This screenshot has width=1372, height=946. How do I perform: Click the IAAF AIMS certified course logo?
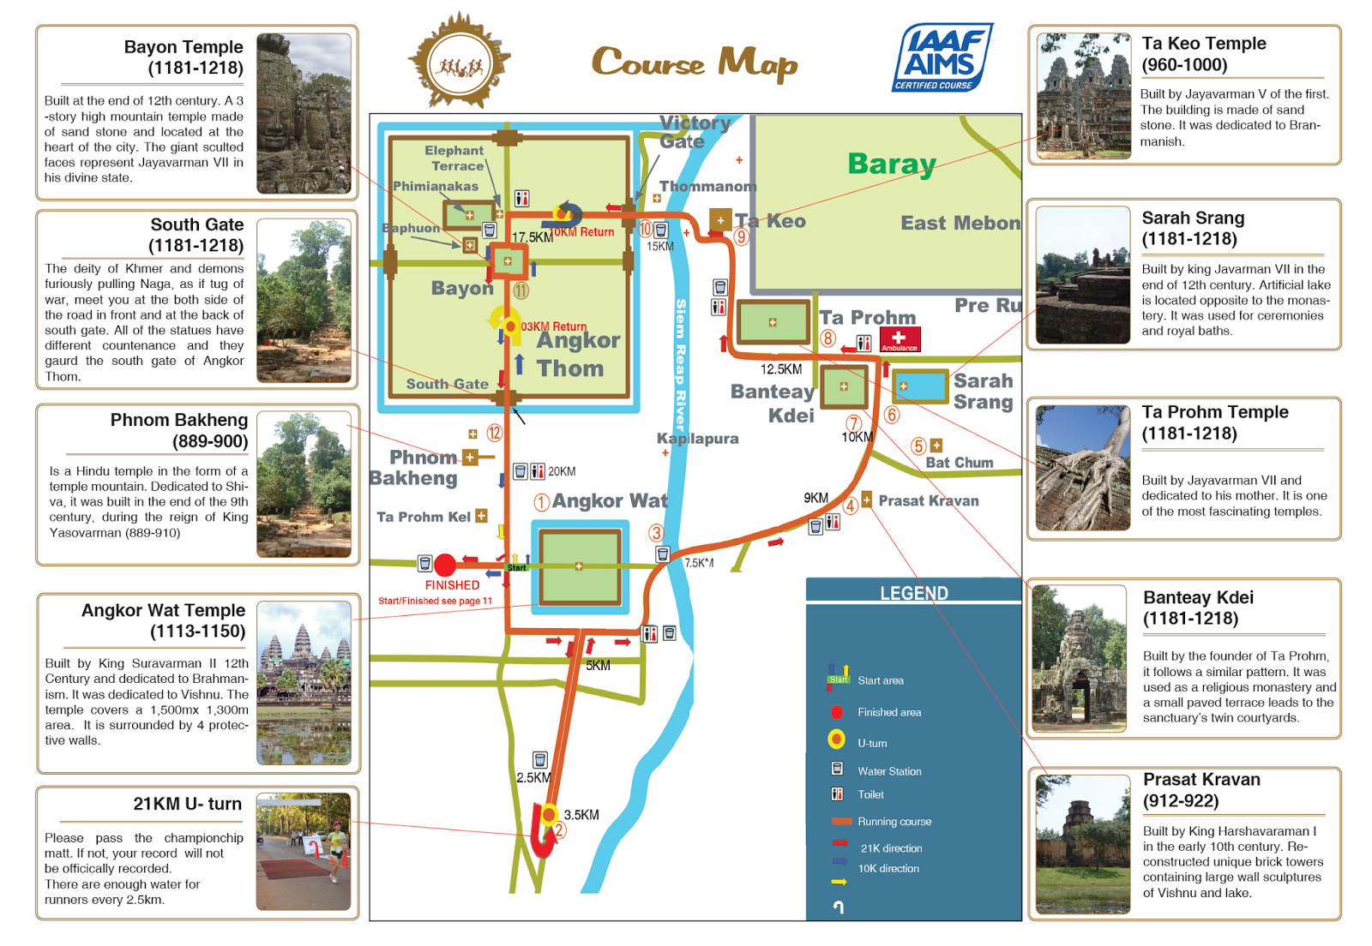click(x=942, y=57)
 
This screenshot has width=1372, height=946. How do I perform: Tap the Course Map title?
click(x=694, y=63)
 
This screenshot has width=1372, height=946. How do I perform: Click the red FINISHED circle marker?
click(x=445, y=565)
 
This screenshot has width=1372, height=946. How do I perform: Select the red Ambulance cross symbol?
click(x=900, y=338)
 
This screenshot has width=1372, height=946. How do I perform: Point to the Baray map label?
click(x=891, y=164)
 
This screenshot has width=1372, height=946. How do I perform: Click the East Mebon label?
click(x=960, y=223)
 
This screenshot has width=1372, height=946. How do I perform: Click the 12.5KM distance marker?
click(x=780, y=369)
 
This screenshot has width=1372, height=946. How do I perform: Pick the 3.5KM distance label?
click(x=581, y=815)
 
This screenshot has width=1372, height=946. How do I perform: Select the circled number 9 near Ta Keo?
click(x=742, y=236)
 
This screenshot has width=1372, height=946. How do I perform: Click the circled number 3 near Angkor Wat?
click(x=656, y=533)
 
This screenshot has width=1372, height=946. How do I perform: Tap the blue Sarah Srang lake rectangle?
click(x=920, y=386)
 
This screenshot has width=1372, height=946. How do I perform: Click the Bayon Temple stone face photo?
click(x=304, y=113)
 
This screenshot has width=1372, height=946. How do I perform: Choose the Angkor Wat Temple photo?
click(x=304, y=682)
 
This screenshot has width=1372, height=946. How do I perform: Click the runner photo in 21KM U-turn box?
click(x=304, y=851)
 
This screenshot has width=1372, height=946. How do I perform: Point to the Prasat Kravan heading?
click(x=1201, y=780)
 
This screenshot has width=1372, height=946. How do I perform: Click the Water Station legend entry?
click(x=889, y=771)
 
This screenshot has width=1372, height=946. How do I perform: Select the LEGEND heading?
click(x=913, y=593)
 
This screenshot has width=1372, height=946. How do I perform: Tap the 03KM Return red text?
click(x=554, y=326)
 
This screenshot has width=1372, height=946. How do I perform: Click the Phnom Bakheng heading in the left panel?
click(x=178, y=420)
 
